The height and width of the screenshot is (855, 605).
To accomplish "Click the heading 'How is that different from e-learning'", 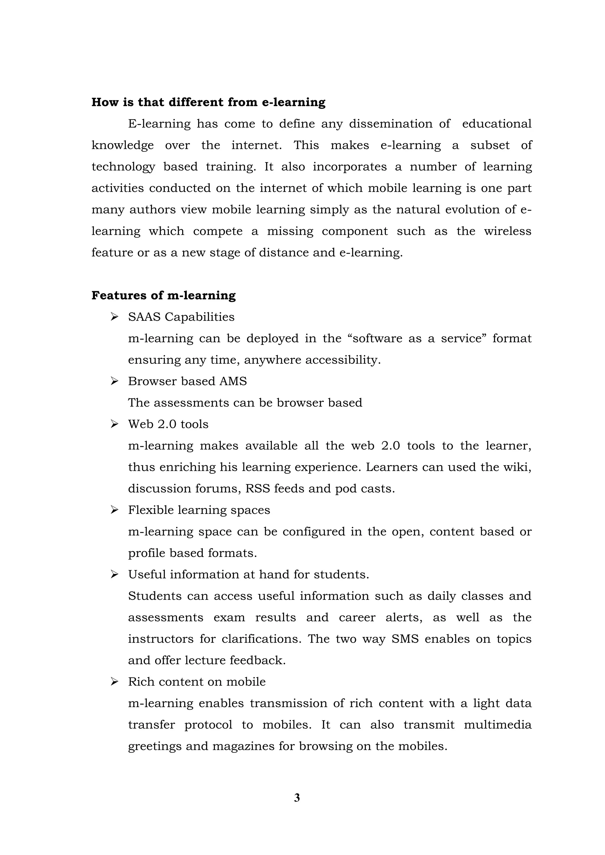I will point(208,102).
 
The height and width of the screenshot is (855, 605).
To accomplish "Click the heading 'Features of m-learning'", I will point(164,295).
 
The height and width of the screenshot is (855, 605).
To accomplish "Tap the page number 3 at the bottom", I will point(297,798).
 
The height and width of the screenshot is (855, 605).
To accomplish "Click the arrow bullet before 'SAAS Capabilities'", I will point(114,317).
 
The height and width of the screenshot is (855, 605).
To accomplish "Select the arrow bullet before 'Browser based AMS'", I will point(114,381).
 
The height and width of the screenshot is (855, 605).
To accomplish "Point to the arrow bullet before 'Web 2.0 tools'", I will point(114,424).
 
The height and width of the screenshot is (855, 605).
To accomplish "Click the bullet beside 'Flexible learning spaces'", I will point(114,510).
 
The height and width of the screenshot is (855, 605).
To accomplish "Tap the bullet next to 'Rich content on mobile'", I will point(114,682).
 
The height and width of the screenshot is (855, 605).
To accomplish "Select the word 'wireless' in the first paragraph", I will point(508,231).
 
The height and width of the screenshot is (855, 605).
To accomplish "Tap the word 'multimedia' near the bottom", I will point(497,725).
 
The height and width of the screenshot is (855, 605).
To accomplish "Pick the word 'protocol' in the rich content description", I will point(208,725).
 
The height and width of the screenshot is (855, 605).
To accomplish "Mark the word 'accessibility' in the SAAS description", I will point(343,360).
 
